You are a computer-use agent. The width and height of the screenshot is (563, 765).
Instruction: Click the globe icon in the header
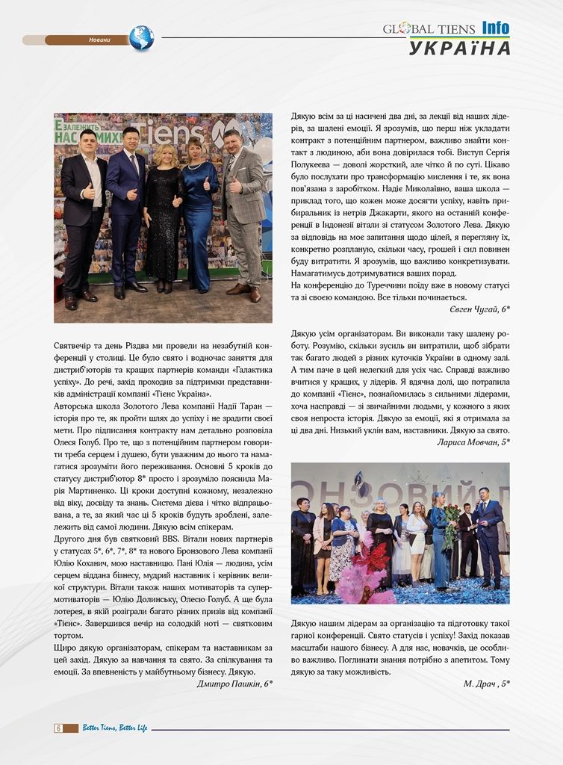point(141,38)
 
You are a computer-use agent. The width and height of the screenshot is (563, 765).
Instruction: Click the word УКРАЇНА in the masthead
point(459,49)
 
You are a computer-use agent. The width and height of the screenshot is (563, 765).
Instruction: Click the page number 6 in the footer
point(57,728)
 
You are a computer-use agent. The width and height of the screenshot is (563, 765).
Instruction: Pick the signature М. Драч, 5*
point(486,683)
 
